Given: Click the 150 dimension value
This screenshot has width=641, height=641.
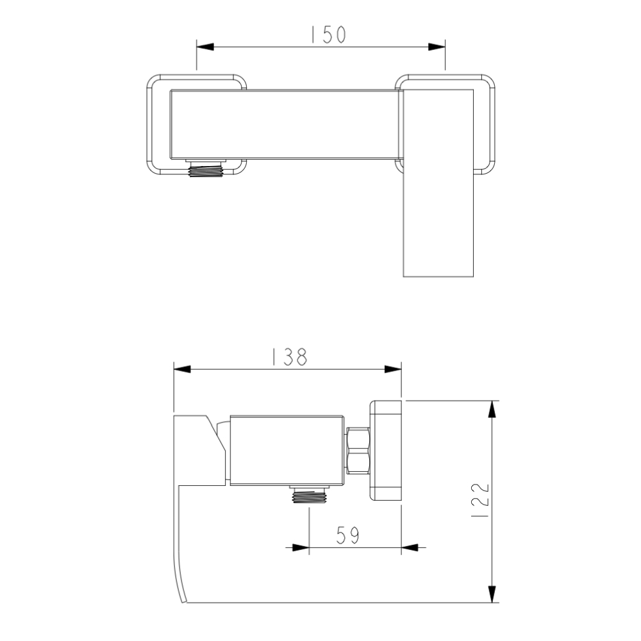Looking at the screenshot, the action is tap(329, 35).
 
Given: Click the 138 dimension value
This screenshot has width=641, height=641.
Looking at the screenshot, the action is tap(290, 356).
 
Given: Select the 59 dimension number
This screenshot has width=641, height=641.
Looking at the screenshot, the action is tap(347, 535).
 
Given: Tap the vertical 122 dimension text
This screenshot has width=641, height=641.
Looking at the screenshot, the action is tap(480, 501).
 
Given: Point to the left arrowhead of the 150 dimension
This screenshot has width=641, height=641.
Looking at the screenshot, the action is tap(205, 47).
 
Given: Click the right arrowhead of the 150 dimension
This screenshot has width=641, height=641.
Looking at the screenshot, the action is tap(437, 47).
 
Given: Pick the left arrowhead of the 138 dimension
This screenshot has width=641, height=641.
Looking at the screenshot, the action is tap(182, 369).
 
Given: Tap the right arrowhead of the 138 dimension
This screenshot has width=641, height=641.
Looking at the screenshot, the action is tap(393, 369).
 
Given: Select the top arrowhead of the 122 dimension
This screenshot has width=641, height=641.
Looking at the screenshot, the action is tap(492, 409).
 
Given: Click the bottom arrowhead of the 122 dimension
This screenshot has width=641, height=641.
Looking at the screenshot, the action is tap(492, 594).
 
